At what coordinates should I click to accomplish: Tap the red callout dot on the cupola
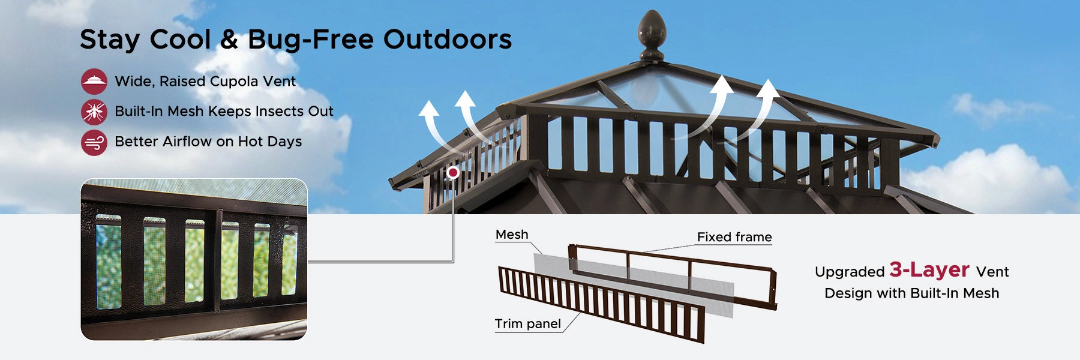click(x=453, y=173)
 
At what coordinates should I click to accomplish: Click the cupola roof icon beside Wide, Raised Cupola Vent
click(x=94, y=81)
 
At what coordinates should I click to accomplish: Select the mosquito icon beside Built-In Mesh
click(x=94, y=112)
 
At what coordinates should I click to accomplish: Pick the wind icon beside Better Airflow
click(x=94, y=142)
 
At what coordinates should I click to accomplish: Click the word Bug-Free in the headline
click(x=311, y=40)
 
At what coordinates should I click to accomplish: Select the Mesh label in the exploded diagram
click(x=512, y=235)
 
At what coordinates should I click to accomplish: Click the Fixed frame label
click(x=734, y=237)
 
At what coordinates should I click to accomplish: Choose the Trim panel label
click(x=528, y=324)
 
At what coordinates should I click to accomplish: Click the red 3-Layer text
click(x=929, y=270)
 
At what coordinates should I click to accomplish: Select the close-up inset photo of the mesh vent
click(x=194, y=259)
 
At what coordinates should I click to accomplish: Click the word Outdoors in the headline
click(x=448, y=39)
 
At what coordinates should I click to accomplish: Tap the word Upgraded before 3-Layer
click(x=850, y=272)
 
